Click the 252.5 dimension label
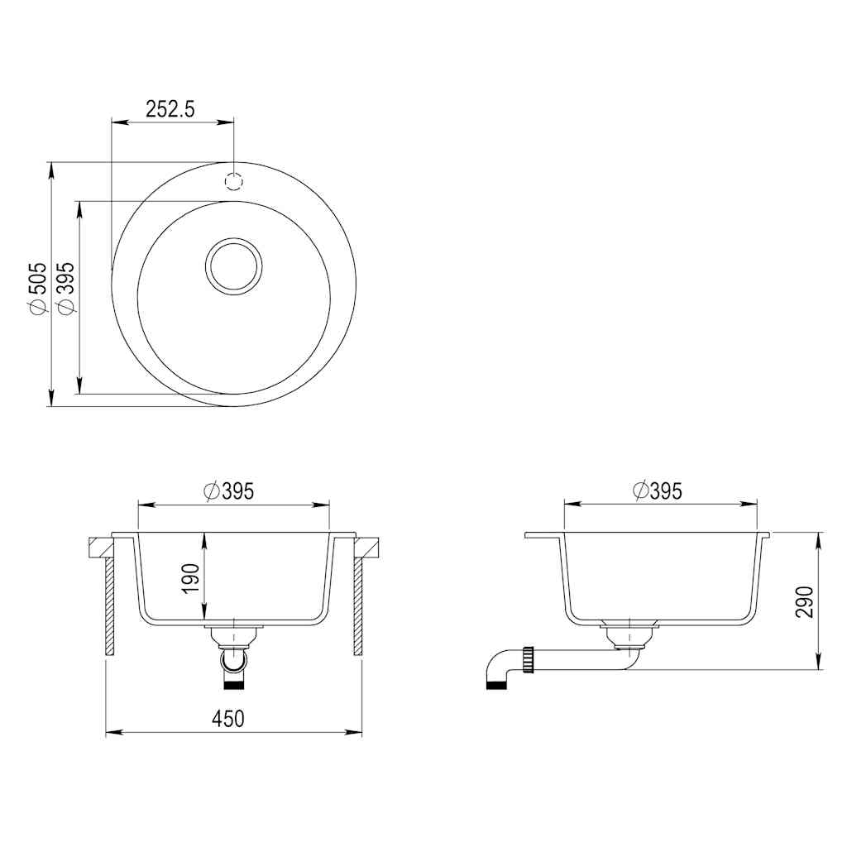tap(170, 109)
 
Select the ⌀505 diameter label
tap(37, 288)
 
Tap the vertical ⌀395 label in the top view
tap(65, 288)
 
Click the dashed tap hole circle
tap(234, 182)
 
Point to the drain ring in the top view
tap(233, 266)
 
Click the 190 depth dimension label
tap(191, 578)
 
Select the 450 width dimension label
tap(228, 719)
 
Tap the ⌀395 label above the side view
tap(658, 490)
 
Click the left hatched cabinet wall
tap(109, 606)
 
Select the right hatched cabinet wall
tap(358, 606)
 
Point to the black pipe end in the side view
tap(495, 684)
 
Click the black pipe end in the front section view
tap(235, 684)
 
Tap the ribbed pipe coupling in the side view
tap(527, 659)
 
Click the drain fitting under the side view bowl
tap(631, 635)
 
